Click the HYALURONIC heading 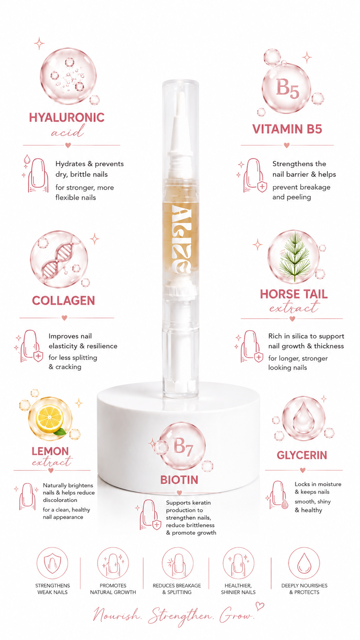coord(67,118)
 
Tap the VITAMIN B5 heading coord(287,129)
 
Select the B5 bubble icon coord(286,88)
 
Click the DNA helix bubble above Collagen coord(59,259)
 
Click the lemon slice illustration coord(50,419)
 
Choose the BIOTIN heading coord(179,480)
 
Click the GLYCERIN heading coord(302,455)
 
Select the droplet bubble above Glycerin coord(303,419)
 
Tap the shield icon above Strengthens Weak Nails coord(52,563)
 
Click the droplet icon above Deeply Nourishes coord(304,563)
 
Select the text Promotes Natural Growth coord(113,589)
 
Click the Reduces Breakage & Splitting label coord(177,589)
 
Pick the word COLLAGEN coord(64,300)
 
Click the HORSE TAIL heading coord(294,294)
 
